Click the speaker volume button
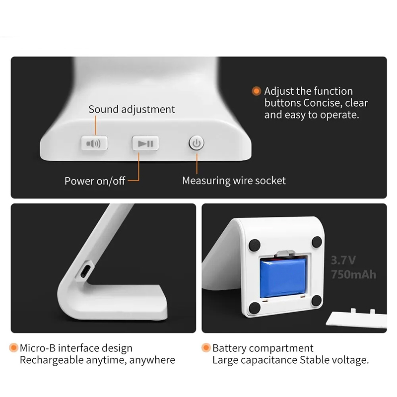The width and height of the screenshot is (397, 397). point(94,143)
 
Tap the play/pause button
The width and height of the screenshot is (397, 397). point(145,143)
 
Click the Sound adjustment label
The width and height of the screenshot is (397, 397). point(132,109)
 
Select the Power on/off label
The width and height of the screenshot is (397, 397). point(95,181)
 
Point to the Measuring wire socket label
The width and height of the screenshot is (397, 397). point(234,181)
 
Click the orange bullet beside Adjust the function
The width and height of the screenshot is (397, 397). point(256,91)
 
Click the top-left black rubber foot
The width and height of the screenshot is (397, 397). point(255,244)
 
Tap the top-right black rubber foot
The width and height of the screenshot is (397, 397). point(317,243)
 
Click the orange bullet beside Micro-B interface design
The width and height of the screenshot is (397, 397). point(13,348)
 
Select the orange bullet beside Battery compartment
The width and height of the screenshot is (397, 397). point(206,348)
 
